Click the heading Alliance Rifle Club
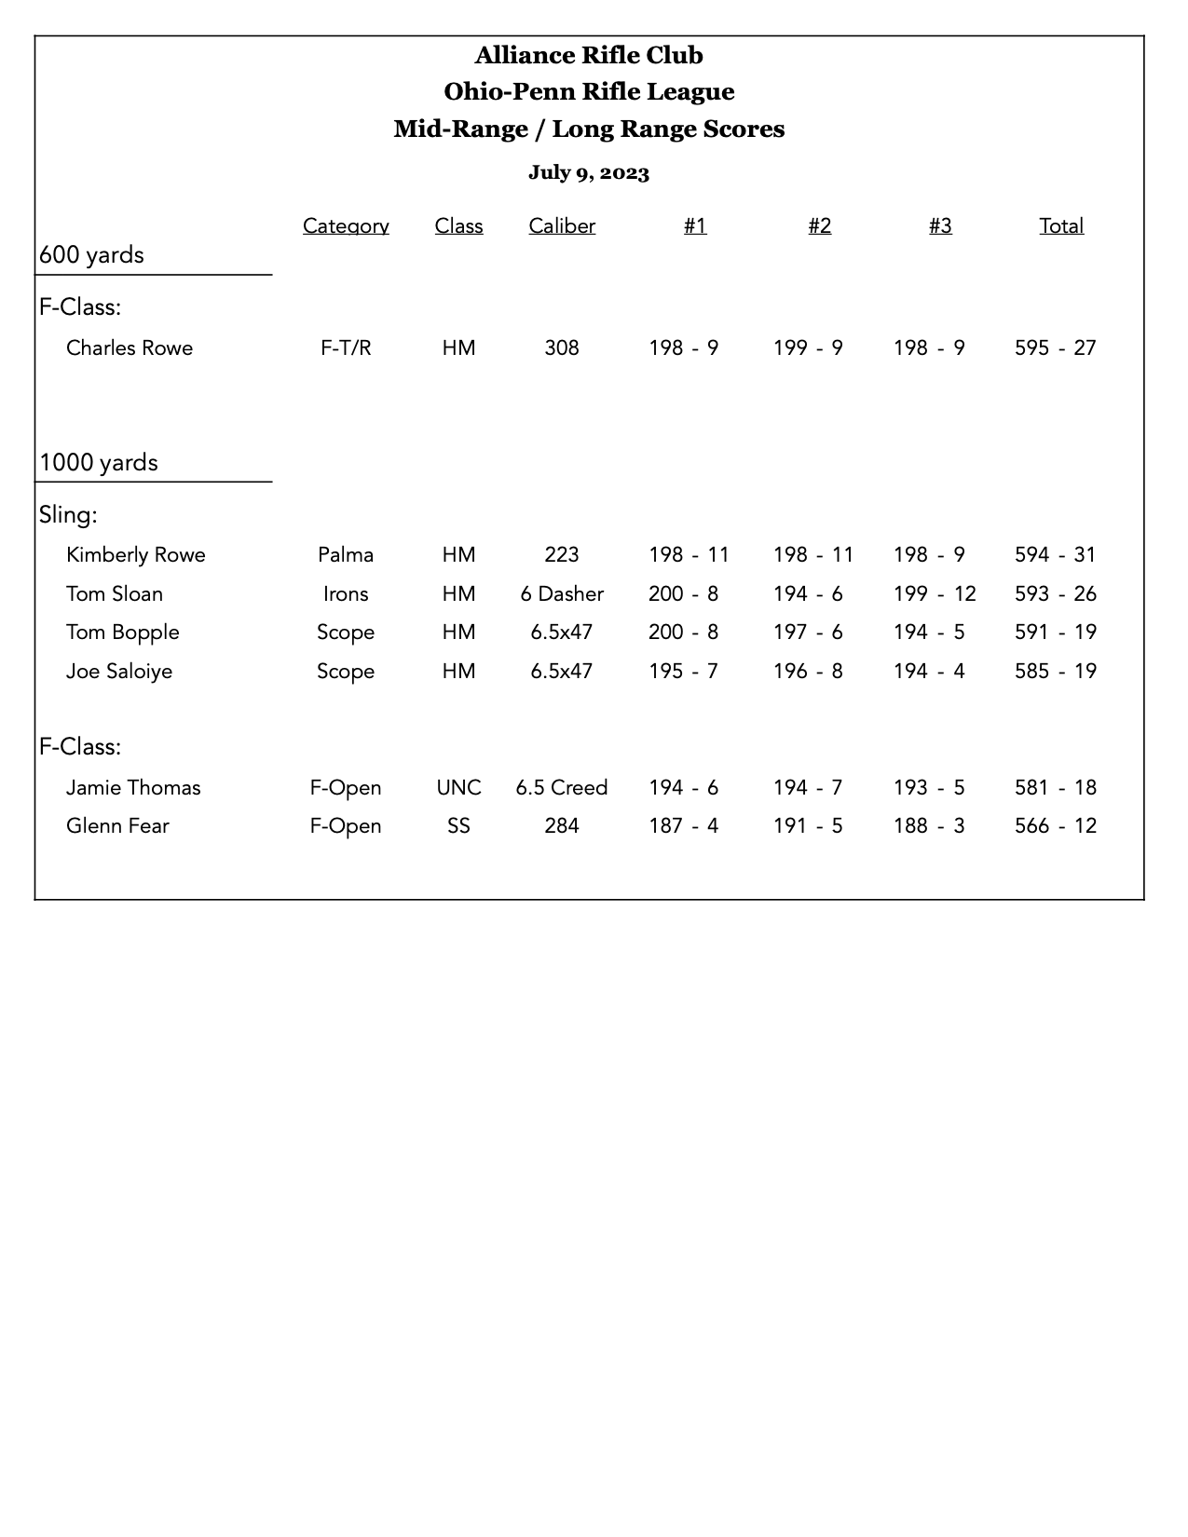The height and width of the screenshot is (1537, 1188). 589,56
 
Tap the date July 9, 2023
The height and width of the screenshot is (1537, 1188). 589,172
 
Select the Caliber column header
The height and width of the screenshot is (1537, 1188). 562,225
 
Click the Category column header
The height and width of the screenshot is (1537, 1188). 346,225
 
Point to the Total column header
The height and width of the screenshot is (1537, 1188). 1061,225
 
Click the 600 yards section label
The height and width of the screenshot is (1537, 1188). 91,255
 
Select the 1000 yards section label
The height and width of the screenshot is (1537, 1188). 99,463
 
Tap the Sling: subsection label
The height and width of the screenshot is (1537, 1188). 68,514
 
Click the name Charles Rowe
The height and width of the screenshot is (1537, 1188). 130,348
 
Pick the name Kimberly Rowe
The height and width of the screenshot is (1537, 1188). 136,555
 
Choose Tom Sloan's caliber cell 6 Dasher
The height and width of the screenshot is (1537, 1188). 562,594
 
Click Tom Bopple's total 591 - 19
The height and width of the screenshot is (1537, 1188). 1056,632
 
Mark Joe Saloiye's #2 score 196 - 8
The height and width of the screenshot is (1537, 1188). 808,672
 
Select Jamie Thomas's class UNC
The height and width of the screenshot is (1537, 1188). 458,788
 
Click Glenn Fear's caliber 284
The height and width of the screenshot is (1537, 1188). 562,826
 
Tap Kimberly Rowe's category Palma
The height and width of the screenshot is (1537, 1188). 346,555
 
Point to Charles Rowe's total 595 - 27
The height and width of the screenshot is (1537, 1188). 1056,348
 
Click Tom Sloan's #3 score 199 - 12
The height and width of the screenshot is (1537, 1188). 935,594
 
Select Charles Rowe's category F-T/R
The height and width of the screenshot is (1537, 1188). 346,348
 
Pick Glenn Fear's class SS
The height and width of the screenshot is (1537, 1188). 458,826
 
